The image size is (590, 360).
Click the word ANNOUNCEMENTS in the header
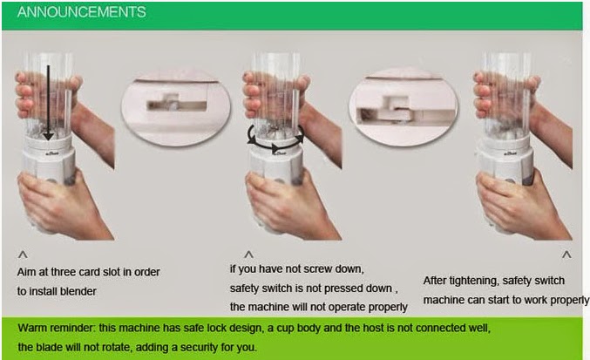tap(81, 12)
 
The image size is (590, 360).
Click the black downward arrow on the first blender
tap(48, 102)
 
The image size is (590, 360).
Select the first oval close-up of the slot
tap(176, 105)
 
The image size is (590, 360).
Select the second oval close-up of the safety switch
tap(404, 106)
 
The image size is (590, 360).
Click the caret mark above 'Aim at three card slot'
tap(23, 255)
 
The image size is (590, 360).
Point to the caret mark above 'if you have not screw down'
tap(248, 255)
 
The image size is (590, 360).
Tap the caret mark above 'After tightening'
tap(566, 255)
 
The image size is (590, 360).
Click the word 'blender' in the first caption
tap(78, 291)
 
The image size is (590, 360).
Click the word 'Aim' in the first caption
tap(25, 272)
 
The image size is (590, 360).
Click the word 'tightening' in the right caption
tap(472, 281)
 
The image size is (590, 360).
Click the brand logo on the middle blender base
tap(279, 153)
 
